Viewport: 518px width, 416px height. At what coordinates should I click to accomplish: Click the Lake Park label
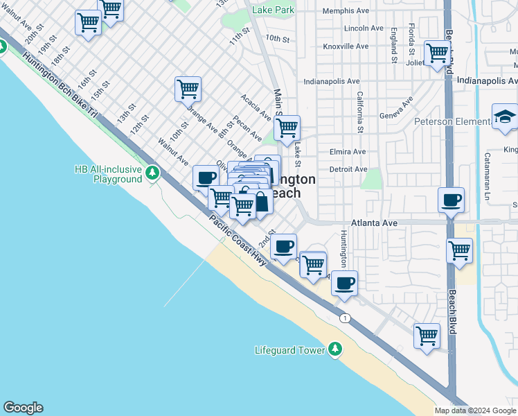(x=274, y=10)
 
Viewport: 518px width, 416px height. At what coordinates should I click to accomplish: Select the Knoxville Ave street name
(x=346, y=46)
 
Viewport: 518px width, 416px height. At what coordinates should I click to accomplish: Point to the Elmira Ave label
(x=348, y=152)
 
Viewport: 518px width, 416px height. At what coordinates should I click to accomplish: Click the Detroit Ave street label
(x=348, y=169)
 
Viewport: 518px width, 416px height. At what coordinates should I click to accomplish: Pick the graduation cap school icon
(x=505, y=118)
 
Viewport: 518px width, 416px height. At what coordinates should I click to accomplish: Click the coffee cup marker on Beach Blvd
(x=452, y=200)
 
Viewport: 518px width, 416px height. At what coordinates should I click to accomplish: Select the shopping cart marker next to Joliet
(x=437, y=53)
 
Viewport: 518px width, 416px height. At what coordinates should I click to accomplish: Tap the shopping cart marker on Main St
(x=287, y=128)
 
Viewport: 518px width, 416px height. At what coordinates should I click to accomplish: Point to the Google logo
(x=23, y=408)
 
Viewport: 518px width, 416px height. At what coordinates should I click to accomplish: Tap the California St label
(x=360, y=112)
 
